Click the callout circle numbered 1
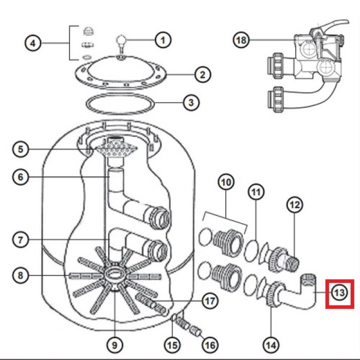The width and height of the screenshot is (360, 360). [163, 40]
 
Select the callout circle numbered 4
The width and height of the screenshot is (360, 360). [33, 43]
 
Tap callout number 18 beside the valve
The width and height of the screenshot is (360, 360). [241, 40]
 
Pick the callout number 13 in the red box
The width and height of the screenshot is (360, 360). [339, 293]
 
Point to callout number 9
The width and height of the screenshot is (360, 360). [115, 345]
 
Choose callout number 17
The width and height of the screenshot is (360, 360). [210, 301]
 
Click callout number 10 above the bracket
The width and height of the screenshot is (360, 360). [226, 182]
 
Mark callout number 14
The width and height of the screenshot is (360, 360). [271, 345]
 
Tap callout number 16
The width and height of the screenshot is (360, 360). [210, 345]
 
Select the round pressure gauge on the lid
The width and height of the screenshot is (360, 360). [122, 41]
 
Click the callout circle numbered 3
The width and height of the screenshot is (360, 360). [191, 103]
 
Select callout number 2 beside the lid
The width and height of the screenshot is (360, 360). [202, 75]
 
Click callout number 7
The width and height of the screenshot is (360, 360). [21, 240]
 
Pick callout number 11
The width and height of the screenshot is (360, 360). [256, 192]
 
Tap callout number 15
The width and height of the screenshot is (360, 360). [172, 345]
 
